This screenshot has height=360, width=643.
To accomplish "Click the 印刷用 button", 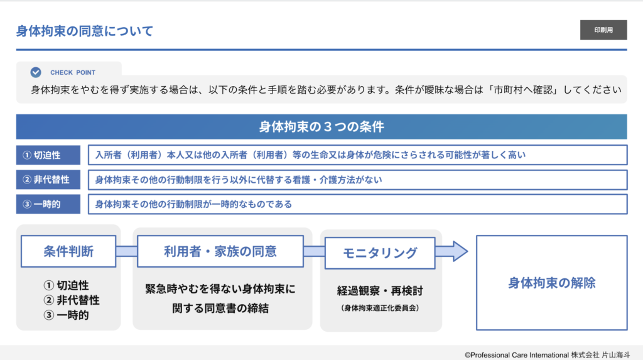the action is [603, 30].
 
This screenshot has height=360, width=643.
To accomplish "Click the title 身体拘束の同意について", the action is [85, 31].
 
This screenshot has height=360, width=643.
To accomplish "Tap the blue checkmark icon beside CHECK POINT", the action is [36, 72].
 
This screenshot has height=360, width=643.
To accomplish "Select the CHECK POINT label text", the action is [73, 73].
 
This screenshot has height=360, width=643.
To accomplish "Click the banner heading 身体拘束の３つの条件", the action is [321, 127].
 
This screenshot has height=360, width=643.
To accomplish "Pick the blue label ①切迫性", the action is [48, 155].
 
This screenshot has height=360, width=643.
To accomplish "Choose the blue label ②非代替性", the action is [48, 180].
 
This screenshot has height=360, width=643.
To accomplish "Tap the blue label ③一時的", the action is [48, 204].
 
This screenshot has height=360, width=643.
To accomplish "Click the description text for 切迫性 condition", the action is [310, 155].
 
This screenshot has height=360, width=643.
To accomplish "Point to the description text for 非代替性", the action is [239, 180].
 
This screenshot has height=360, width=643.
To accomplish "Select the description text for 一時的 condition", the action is [193, 204].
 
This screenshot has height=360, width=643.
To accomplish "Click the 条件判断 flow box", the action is [68, 251].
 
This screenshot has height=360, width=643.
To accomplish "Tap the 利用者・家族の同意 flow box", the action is [220, 251].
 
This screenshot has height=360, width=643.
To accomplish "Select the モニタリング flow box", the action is [380, 253].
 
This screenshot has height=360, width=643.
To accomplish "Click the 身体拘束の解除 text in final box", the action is [551, 283].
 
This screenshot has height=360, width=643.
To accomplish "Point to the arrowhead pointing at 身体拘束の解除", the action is [459, 251].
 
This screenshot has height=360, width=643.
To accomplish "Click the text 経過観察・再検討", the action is [380, 291].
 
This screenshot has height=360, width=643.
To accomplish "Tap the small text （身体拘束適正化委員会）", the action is [380, 308].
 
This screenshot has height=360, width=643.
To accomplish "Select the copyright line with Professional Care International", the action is [548, 355].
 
